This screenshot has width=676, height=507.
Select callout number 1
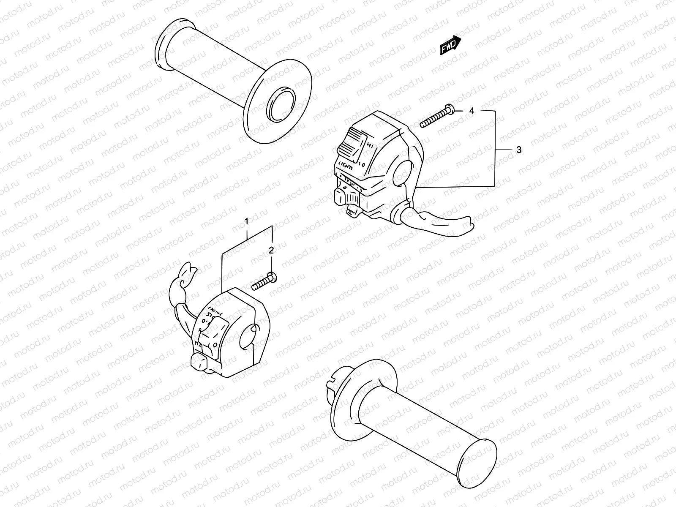[247, 221]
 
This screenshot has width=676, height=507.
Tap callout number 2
[271, 250]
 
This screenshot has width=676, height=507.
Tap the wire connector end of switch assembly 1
[184, 274]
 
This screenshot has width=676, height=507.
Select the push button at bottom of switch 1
[199, 362]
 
